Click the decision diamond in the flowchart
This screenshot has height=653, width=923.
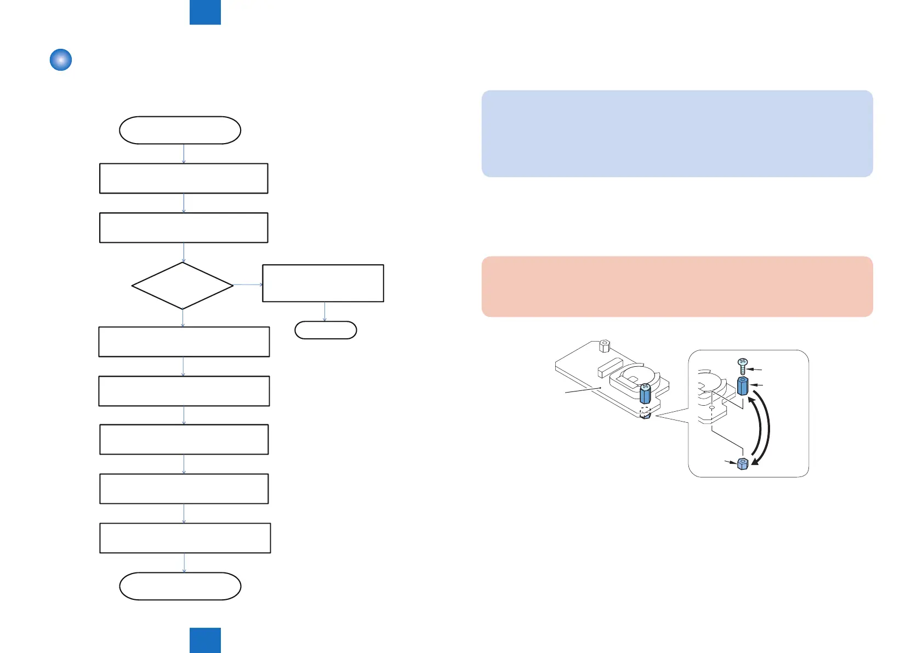pos(183,286)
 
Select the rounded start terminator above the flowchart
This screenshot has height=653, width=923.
pos(180,130)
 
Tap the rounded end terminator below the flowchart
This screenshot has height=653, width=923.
pos(180,586)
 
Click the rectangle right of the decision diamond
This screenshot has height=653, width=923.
pos(323,283)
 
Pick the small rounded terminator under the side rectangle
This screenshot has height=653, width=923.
pos(326,330)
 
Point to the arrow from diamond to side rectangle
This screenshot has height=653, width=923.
pos(248,285)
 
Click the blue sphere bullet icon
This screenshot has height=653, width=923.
pos(61,60)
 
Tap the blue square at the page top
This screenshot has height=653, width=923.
pos(205,12)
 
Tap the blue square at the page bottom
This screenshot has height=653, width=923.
pos(205,640)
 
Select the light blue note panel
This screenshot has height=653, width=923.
pos(677,133)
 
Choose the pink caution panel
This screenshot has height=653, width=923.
pos(677,286)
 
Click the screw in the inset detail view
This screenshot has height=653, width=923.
pos(743,366)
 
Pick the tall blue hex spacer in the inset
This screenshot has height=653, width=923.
pos(743,386)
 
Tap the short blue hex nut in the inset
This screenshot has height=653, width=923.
pos(743,464)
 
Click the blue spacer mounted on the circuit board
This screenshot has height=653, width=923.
pos(645,393)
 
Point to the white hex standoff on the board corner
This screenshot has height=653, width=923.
pos(604,346)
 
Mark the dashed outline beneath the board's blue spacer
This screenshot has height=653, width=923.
pos(645,410)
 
